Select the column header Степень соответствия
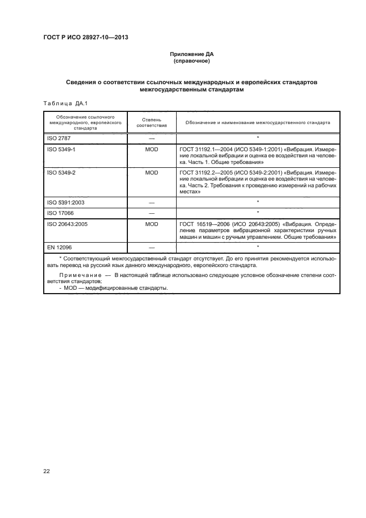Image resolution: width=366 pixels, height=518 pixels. pyautogui.click(x=151, y=122)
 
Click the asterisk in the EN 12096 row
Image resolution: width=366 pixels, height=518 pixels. pyautogui.click(x=258, y=246)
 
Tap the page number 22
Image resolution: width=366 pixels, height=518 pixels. pyautogui.click(x=47, y=471)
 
